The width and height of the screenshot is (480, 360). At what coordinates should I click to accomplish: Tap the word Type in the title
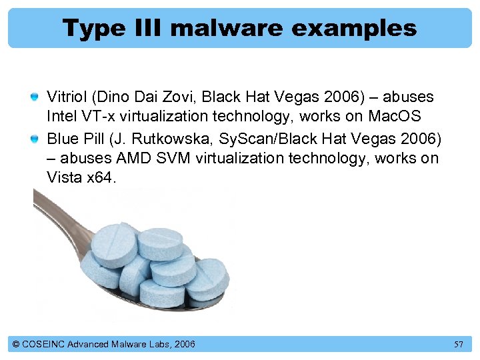point(91,28)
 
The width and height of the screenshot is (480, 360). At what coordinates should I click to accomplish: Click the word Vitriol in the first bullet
point(67,97)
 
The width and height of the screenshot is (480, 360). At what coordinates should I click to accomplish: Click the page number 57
point(459,344)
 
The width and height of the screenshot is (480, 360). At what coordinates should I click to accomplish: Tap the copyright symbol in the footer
point(16,344)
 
